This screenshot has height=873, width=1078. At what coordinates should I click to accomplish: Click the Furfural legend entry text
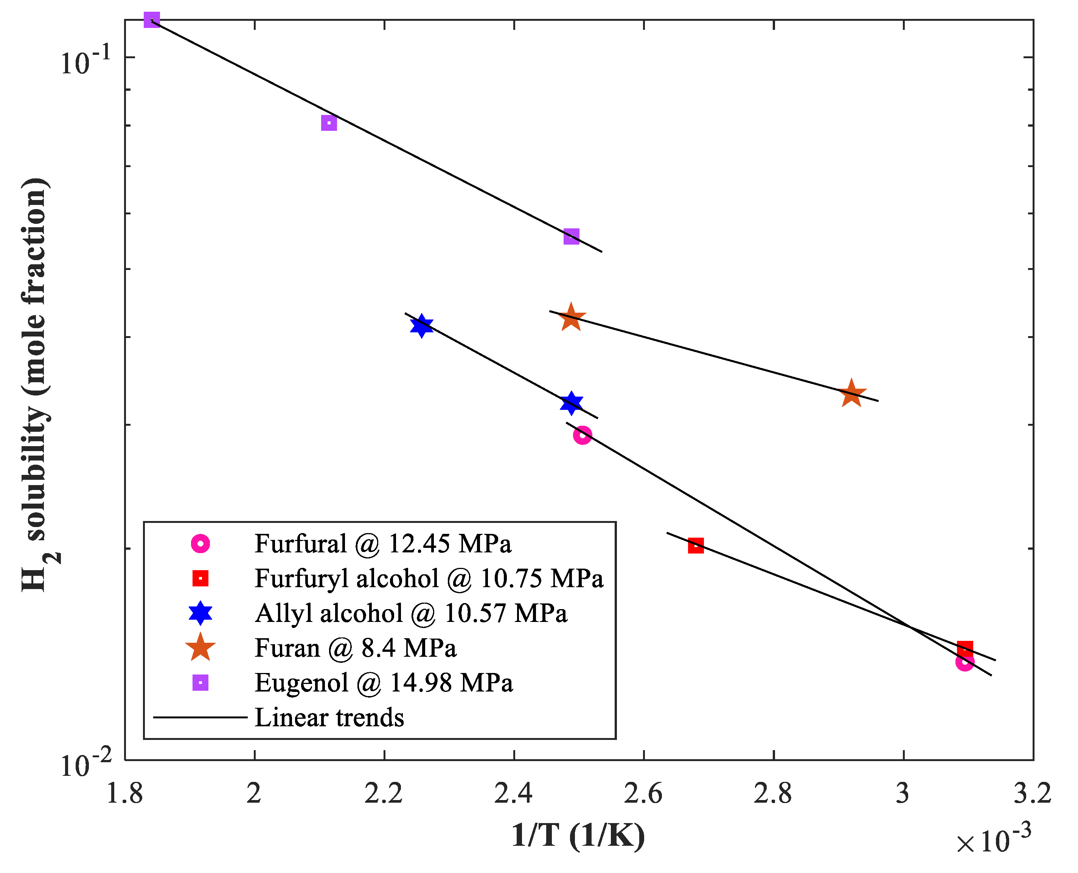[383, 544]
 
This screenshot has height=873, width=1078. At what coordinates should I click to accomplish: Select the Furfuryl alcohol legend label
[429, 579]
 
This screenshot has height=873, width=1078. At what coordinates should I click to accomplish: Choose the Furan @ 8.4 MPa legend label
[355, 648]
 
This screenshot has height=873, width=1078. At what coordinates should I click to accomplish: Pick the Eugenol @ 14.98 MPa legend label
[383, 683]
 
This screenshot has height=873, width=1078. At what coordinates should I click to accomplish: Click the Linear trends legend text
[329, 718]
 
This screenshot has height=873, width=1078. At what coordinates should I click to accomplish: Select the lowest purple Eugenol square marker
[571, 236]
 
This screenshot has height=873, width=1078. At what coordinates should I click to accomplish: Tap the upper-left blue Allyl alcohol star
[421, 326]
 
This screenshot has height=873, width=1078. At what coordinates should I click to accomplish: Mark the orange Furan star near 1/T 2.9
[851, 394]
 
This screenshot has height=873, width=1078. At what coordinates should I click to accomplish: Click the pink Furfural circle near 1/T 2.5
[582, 434]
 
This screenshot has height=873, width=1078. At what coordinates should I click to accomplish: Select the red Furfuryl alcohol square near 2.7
[696, 546]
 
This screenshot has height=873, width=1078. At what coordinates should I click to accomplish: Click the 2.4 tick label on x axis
[513, 794]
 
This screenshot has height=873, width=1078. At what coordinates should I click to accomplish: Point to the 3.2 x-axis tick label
[1032, 794]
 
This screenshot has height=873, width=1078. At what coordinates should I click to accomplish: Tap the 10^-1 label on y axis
[85, 61]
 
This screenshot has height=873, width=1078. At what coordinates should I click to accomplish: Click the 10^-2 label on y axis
[85, 765]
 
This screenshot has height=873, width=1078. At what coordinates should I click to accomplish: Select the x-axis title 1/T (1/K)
[578, 836]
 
